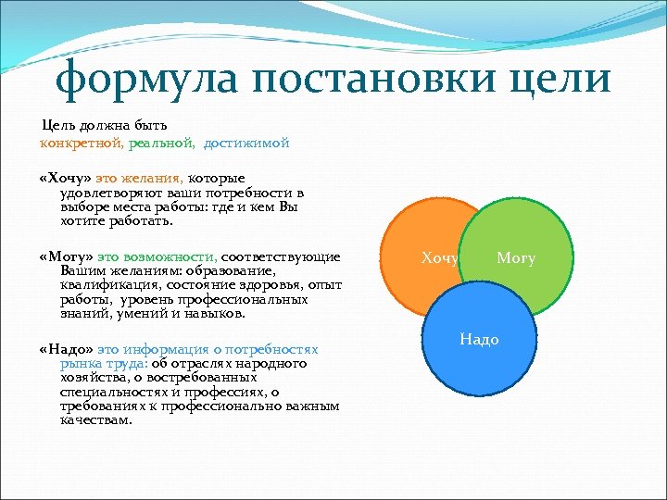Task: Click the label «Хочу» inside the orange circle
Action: click(x=440, y=258)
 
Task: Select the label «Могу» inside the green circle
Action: click(x=516, y=258)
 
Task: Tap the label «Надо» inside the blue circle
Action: click(x=479, y=340)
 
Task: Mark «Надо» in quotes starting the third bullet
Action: click(x=67, y=349)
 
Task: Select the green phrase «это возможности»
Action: click(x=157, y=256)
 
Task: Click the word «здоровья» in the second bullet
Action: click(x=267, y=285)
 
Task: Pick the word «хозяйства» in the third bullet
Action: click(x=92, y=378)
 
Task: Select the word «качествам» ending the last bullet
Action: click(x=95, y=419)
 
